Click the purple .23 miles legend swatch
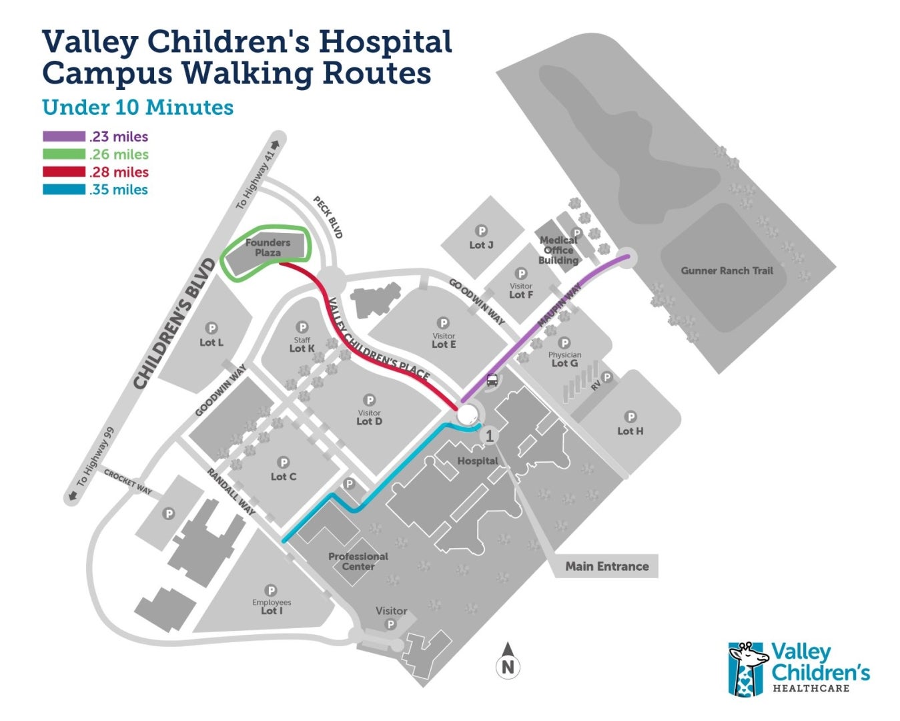coord(64,137)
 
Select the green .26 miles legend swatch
coord(64,154)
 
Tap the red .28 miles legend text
coord(118,172)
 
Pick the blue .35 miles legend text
coord(118,190)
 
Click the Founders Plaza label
coord(268,248)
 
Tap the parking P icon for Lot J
coord(481,232)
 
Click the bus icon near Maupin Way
coord(492,381)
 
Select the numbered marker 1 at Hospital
coord(490,436)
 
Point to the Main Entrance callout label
coord(606,566)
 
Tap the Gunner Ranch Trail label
coord(727,270)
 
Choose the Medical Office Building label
coord(558,250)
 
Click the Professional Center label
coord(358,561)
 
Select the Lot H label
coord(630,431)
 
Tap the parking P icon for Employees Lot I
coord(271,590)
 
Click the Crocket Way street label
coord(127,481)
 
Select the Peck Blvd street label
coord(328,218)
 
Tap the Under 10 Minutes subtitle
coord(137,107)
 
